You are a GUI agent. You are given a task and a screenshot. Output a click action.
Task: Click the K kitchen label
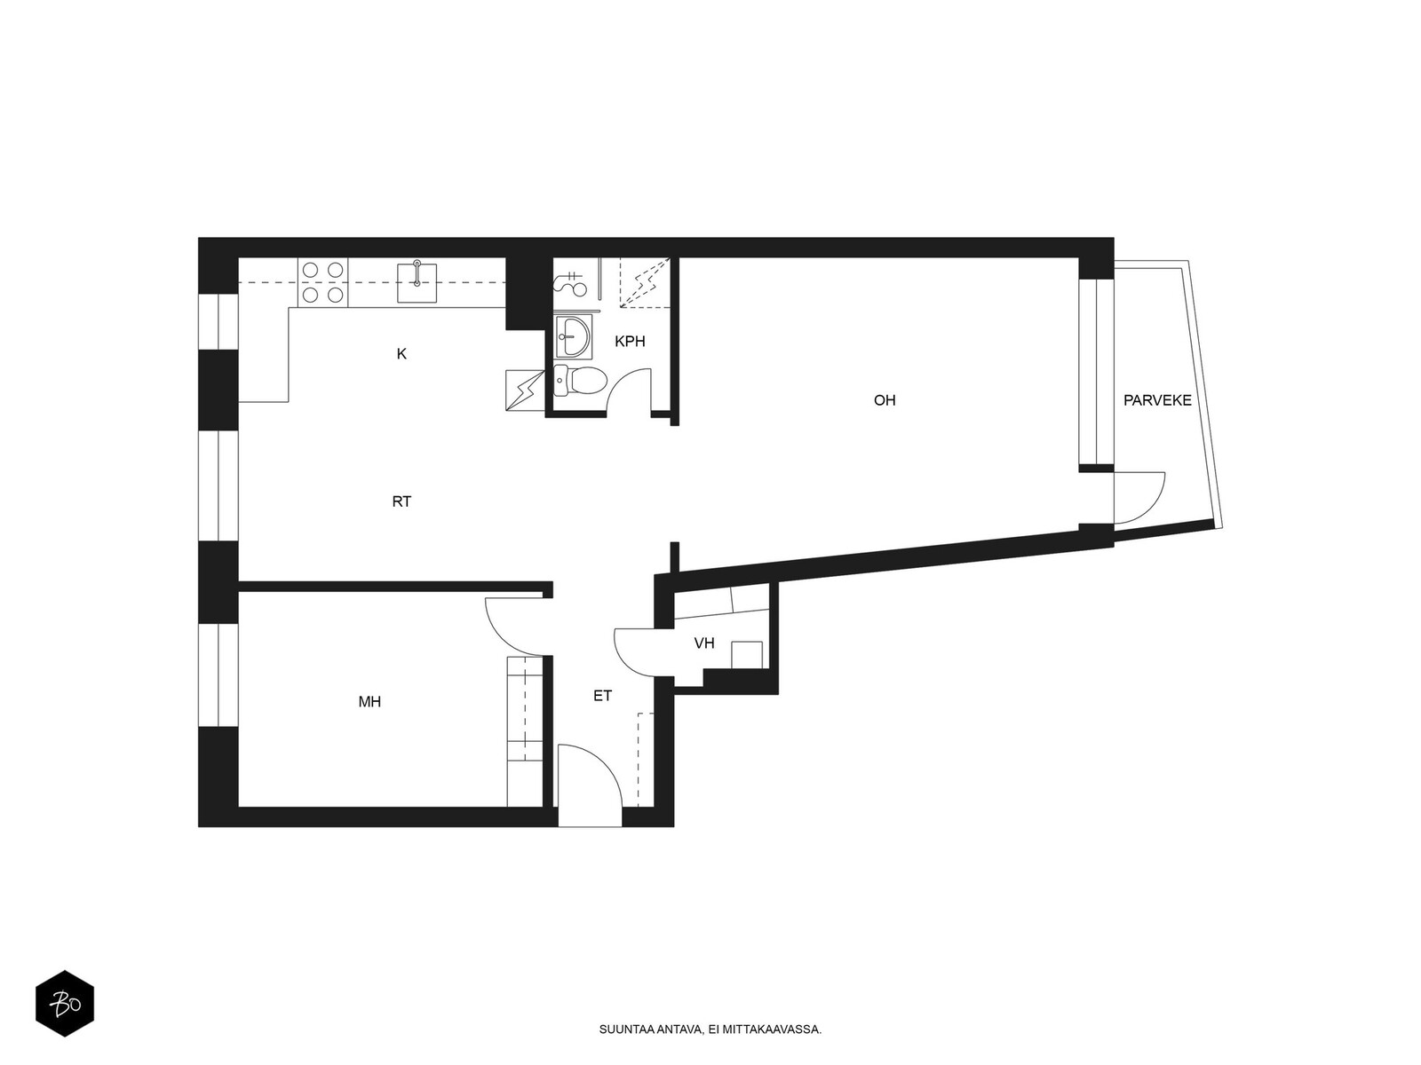(401, 354)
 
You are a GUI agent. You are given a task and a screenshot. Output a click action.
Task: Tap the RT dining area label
(401, 501)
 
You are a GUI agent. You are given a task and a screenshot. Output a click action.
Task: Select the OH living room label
(885, 400)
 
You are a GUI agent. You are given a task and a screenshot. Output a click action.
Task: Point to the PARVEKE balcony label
(1157, 400)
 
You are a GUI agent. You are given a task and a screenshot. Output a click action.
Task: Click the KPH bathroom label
(630, 342)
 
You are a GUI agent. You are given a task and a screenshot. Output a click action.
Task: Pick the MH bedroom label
(369, 702)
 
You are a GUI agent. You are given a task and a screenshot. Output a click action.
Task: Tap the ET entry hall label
(602, 696)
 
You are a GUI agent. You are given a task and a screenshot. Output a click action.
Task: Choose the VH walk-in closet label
(704, 643)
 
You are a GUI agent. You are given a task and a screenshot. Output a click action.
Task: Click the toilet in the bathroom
(580, 381)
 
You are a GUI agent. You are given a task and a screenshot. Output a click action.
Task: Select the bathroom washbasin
(573, 336)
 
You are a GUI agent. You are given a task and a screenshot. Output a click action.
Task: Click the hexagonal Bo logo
(65, 1004)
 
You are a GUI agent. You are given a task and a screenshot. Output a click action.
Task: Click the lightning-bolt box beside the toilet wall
(525, 390)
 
